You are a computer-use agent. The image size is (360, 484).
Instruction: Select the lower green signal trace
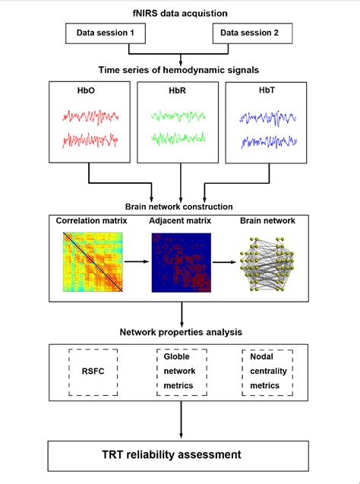point(179,141)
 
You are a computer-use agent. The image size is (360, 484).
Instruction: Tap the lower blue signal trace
point(267,141)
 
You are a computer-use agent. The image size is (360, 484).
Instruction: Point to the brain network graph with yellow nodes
point(270,264)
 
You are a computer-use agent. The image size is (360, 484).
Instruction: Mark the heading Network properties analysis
point(180,331)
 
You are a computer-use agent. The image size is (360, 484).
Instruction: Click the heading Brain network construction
point(180,206)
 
